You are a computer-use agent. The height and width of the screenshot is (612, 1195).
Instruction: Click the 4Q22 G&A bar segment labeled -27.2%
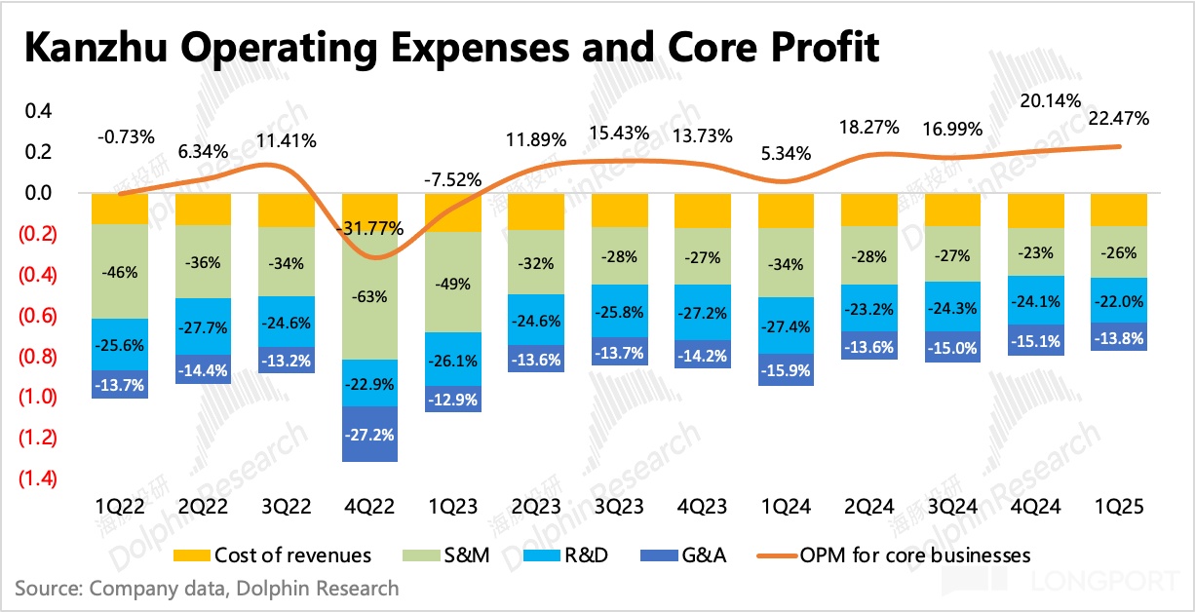[x=369, y=434]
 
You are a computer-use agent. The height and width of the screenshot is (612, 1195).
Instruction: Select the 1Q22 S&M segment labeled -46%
[x=120, y=271]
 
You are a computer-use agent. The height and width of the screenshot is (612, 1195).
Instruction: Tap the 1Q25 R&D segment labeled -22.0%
[x=1118, y=300]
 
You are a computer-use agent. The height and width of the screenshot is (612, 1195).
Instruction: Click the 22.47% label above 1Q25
[x=1118, y=120]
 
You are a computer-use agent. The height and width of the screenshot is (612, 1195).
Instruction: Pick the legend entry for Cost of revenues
[x=272, y=555]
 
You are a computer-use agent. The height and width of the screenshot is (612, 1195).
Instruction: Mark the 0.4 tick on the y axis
[x=39, y=111]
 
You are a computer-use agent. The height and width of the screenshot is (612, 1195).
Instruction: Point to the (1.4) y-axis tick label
[x=37, y=478]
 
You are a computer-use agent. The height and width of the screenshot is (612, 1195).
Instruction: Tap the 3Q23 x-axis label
[x=619, y=508]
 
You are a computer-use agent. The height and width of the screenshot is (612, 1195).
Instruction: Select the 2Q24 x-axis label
[x=868, y=508]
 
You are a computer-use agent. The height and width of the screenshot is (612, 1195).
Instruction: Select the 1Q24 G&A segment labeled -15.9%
[x=786, y=369]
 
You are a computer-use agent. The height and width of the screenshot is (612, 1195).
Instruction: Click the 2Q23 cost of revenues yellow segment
[x=536, y=211]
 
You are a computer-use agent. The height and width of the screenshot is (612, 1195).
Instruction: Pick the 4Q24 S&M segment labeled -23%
[x=1035, y=253]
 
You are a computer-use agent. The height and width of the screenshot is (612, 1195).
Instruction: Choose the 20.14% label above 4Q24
[x=1035, y=99]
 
